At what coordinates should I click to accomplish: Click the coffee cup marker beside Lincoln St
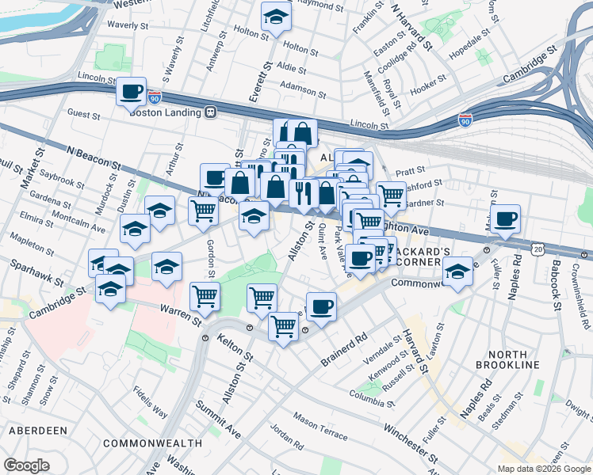tap(132, 91)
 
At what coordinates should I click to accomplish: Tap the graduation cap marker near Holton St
tap(277, 15)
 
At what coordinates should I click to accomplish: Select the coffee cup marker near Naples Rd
tap(505, 218)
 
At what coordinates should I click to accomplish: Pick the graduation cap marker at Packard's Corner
tap(457, 271)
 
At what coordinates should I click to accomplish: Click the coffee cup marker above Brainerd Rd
tap(321, 306)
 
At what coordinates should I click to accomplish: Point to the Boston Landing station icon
tap(210, 112)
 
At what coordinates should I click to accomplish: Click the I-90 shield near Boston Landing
tap(155, 98)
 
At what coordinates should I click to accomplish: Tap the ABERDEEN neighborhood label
tap(37, 430)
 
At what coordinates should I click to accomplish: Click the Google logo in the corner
tap(26, 465)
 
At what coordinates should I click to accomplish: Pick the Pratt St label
tap(411, 170)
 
